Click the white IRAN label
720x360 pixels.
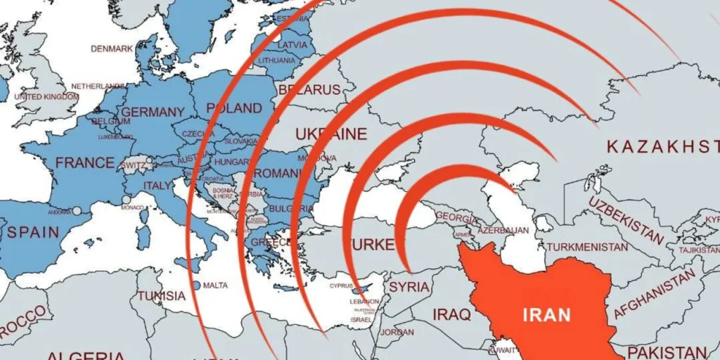tap(546, 314)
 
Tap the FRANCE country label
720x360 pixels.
tap(84, 162)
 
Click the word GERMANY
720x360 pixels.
tap(153, 112)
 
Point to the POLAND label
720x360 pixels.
tap(233, 108)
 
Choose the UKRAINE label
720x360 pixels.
tap(330, 134)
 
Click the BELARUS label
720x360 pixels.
tap(309, 90)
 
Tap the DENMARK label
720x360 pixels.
tap(112, 49)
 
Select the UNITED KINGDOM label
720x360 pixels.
tap(46, 96)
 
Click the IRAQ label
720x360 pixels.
tap(451, 314)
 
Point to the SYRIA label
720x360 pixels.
tap(409, 287)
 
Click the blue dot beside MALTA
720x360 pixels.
tap(196, 285)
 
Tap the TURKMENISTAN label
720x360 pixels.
tap(587, 247)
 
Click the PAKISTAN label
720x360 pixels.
tap(667, 351)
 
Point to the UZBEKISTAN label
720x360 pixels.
tap(626, 220)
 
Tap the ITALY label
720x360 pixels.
tap(157, 186)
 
